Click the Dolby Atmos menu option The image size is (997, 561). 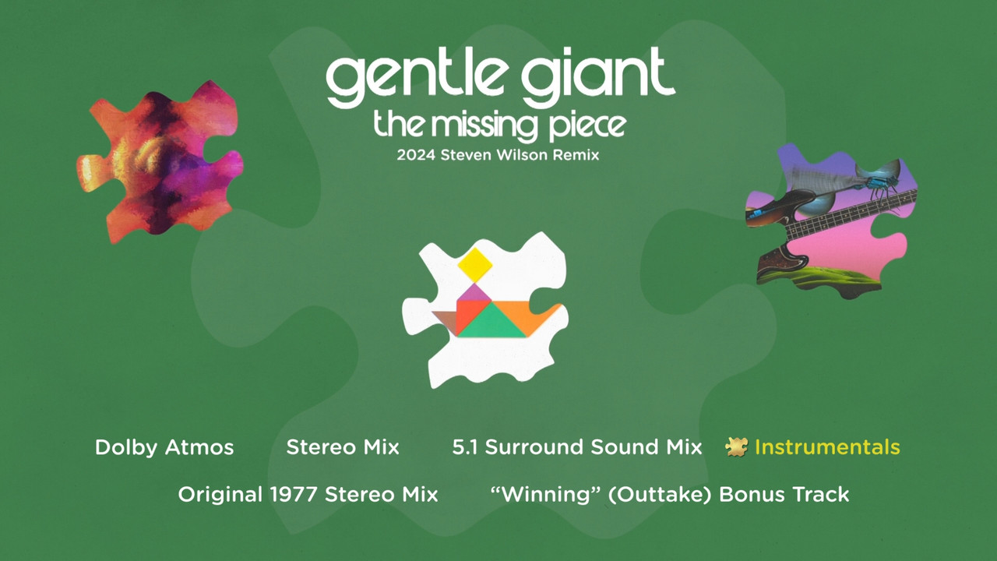pyautogui.click(x=164, y=447)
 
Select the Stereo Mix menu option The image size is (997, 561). pyautogui.click(x=343, y=447)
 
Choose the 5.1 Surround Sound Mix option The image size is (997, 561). pyautogui.click(x=577, y=447)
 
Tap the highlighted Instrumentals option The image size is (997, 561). pyautogui.click(x=827, y=447)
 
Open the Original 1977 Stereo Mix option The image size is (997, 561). pyautogui.click(x=308, y=494)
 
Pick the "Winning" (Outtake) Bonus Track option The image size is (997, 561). pyautogui.click(x=670, y=494)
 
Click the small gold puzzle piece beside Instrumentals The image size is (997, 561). pyautogui.click(x=737, y=447)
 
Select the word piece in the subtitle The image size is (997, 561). pyautogui.click(x=587, y=128)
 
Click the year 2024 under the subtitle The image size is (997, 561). pyautogui.click(x=416, y=155)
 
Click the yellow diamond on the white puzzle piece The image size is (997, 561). pyautogui.click(x=475, y=265)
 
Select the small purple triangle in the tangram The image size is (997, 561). pyautogui.click(x=475, y=293)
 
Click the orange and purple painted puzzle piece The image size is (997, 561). pyautogui.click(x=160, y=162)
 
